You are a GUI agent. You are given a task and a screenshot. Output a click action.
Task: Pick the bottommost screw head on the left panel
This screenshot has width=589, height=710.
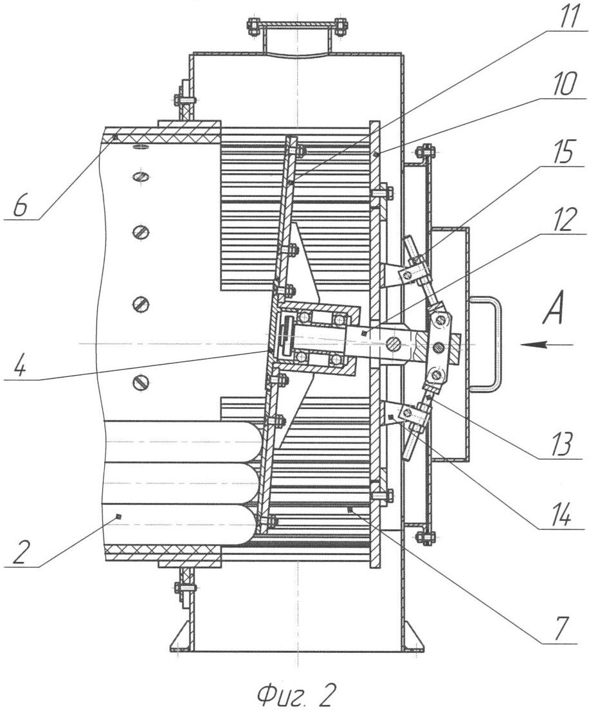pyautogui.click(x=140, y=383)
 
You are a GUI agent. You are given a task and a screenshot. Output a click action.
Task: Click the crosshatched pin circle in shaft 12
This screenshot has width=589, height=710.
pyautogui.click(x=392, y=345)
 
